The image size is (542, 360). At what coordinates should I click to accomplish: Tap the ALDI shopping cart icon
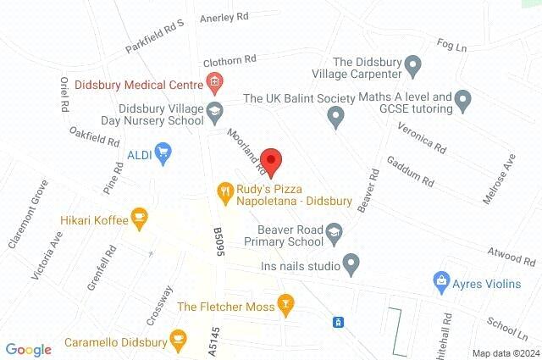163,153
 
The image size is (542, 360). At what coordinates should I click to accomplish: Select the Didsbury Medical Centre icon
214,83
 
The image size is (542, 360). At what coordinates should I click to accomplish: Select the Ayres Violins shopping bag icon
440,280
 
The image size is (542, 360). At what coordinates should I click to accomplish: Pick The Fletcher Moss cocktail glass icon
286,304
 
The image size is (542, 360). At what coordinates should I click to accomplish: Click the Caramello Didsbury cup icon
178,340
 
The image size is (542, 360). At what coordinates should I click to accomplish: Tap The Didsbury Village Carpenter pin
412,64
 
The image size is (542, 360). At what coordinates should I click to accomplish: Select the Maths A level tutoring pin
462,102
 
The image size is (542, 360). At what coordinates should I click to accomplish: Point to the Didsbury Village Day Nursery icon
214,111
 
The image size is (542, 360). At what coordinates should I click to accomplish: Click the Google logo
29,349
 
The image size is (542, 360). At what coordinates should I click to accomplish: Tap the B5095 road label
218,242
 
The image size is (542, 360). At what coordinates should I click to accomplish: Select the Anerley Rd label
224,17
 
